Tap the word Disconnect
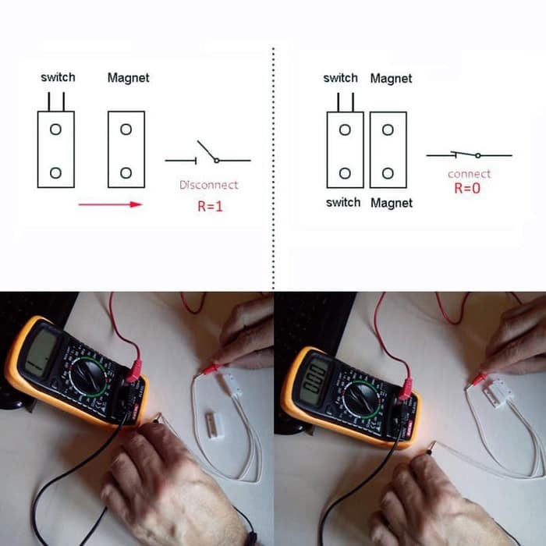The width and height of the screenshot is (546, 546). pos(208,185)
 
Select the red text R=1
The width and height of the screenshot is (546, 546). pos(209,207)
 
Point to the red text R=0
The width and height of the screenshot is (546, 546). pos(468,188)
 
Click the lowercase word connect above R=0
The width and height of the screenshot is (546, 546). pos(469,174)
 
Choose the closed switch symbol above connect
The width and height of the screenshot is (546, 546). pos(468,155)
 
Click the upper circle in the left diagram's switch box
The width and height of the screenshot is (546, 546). pos(55,129)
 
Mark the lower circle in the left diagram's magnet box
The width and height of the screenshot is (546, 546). pos(126,172)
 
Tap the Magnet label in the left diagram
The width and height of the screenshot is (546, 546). pos(128,78)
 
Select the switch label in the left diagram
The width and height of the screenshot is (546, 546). pos(58,77)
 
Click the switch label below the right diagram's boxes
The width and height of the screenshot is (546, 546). pos(342,203)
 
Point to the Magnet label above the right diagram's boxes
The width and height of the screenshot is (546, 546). pos(391,79)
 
